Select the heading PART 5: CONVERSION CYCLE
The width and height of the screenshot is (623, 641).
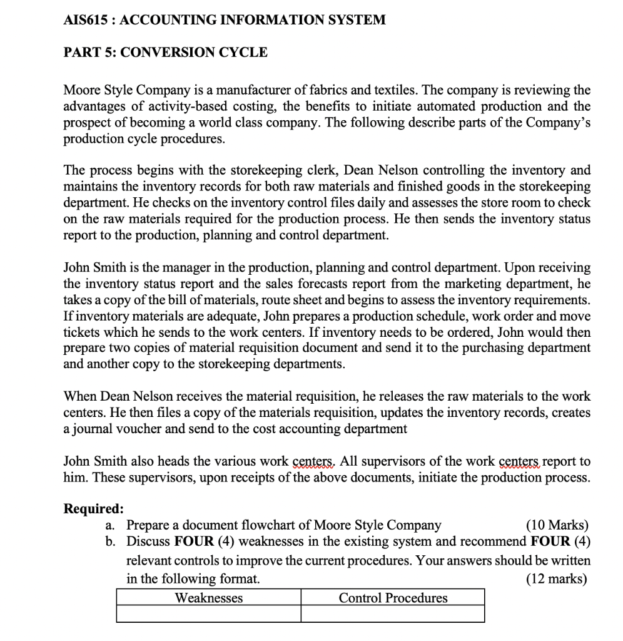(x=166, y=53)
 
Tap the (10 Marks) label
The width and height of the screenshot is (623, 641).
(x=557, y=525)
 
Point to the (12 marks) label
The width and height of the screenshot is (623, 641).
(x=557, y=578)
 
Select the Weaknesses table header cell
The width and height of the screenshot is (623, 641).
(x=208, y=598)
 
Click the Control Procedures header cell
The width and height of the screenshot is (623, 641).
(x=393, y=598)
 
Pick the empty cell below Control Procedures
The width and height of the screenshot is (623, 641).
(x=393, y=614)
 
